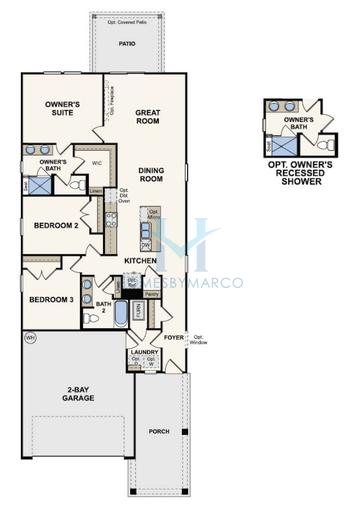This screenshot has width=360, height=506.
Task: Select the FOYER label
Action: click(174, 338)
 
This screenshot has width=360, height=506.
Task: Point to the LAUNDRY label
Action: click(142, 351)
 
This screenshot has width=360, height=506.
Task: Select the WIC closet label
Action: click(98, 161)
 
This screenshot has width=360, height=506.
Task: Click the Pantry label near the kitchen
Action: click(151, 294)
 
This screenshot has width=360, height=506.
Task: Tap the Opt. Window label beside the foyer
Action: click(199, 340)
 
